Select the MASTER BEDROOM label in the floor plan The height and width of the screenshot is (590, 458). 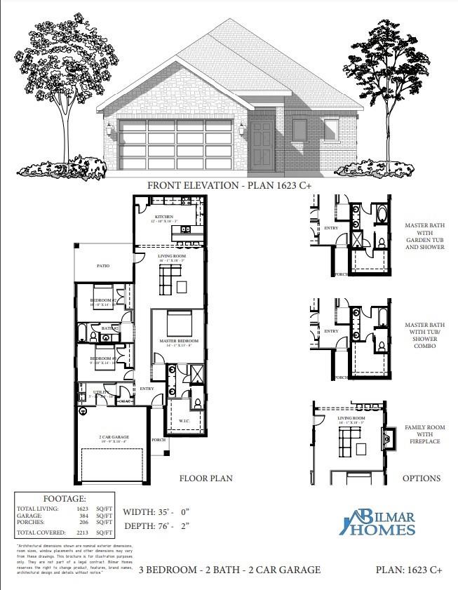[179, 341]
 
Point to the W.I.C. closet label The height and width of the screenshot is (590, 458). [184, 421]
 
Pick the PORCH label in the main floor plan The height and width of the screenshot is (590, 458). [159, 441]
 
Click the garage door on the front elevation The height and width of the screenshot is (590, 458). [176, 145]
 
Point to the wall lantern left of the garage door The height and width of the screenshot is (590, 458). [109, 129]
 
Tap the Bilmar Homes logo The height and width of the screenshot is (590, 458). [379, 523]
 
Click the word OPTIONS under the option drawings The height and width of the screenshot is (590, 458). [421, 478]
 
